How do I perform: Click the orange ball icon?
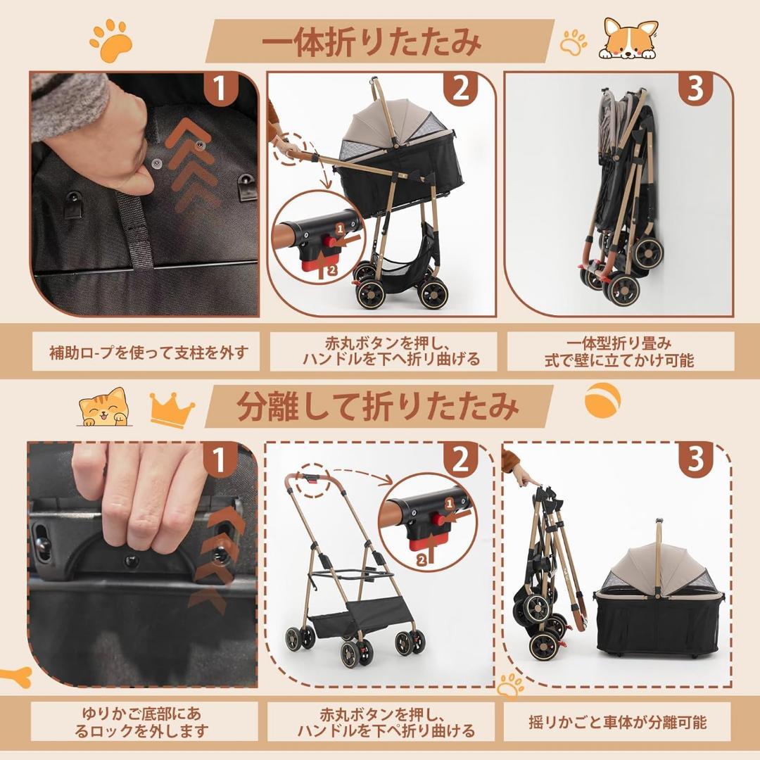point(602,400)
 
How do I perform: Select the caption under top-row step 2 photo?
point(382,351)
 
